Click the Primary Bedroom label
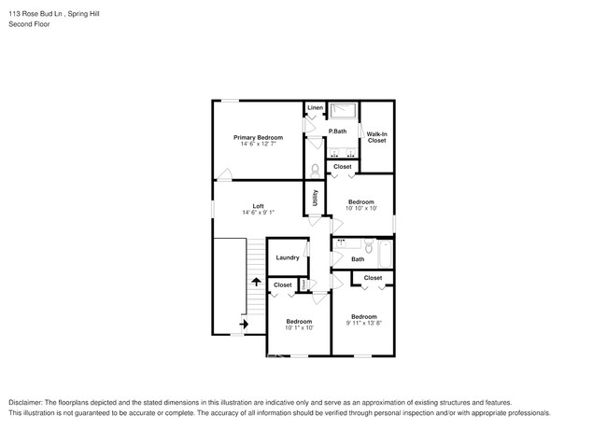tap(258, 137)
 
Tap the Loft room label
tap(258, 206)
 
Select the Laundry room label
tap(288, 257)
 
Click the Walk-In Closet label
tap(376, 137)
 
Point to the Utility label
tap(316, 198)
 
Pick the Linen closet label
tap(315, 108)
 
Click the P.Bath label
tap(337, 131)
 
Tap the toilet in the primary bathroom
tap(316, 169)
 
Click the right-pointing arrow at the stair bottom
tap(244, 324)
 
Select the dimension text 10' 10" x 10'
tap(361, 209)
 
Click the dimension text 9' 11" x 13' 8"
tap(363, 323)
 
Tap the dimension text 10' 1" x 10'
tap(299, 327)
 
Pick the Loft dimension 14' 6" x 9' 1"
tap(258, 213)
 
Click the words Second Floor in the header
tap(29, 24)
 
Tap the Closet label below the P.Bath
tap(343, 167)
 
